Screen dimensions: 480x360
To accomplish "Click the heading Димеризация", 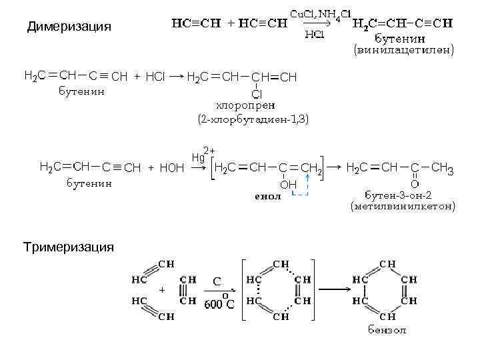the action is coord(69,27).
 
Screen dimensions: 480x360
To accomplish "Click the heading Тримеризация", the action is coord(69,247).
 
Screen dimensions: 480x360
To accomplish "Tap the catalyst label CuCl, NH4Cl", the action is coord(319,13).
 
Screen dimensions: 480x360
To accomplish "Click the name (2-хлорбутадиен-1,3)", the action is coord(253,119).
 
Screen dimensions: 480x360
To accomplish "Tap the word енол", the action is coord(268,197).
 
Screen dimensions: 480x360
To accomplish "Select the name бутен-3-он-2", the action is coord(399,195).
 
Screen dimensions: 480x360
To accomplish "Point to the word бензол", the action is coord(387,330).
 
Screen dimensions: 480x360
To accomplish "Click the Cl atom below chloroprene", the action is coord(256,94).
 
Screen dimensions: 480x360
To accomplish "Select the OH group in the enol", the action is coord(288,183).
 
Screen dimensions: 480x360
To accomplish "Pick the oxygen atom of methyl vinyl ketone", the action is coord(414,183).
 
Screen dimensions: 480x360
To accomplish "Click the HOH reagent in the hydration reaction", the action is coord(172,168).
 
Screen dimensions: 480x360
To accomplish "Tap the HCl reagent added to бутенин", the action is coord(155,77).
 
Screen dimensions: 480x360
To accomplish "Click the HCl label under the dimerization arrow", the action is coord(314,35).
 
